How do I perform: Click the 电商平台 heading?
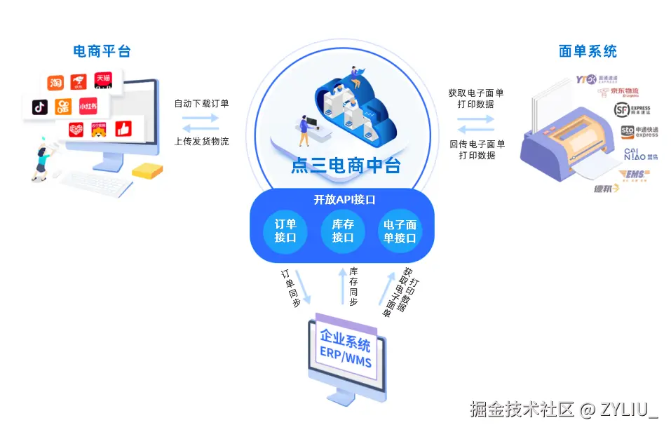tap(102, 51)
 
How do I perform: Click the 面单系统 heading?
tap(588, 51)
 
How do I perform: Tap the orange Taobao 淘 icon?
tap(55, 83)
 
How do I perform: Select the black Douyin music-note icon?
tap(40, 107)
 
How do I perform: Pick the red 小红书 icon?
tap(88, 107)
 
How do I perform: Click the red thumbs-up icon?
tap(123, 129)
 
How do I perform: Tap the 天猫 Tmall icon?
tap(103, 79)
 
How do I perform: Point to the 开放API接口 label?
tap(344, 200)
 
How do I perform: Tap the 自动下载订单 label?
tap(201, 103)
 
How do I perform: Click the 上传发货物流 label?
tap(201, 142)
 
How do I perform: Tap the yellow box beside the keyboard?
tap(147, 170)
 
